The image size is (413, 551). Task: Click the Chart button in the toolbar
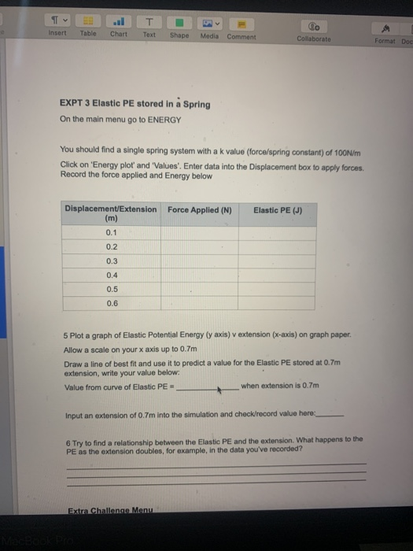[119, 28]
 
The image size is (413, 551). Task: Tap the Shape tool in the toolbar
[179, 28]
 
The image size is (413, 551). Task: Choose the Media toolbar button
[210, 28]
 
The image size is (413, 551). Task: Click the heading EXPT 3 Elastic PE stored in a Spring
[135, 104]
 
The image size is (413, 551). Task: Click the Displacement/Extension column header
[111, 214]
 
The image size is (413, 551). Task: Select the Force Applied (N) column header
[199, 209]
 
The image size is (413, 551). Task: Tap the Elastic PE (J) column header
[273, 209]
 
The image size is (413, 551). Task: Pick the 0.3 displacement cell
[111, 261]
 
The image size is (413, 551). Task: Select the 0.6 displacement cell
[111, 301]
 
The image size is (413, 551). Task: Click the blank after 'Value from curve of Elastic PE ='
[209, 387]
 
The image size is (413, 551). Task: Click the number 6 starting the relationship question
[68, 439]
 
